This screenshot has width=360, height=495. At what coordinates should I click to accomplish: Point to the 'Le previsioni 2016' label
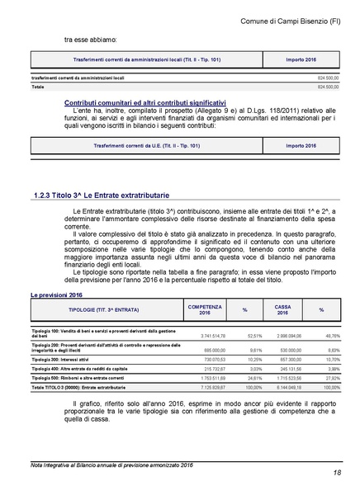[57, 295]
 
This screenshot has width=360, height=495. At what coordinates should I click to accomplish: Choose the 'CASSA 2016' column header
[282, 309]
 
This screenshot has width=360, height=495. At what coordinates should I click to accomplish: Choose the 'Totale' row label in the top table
[38, 86]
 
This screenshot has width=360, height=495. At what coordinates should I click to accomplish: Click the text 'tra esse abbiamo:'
[90, 39]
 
